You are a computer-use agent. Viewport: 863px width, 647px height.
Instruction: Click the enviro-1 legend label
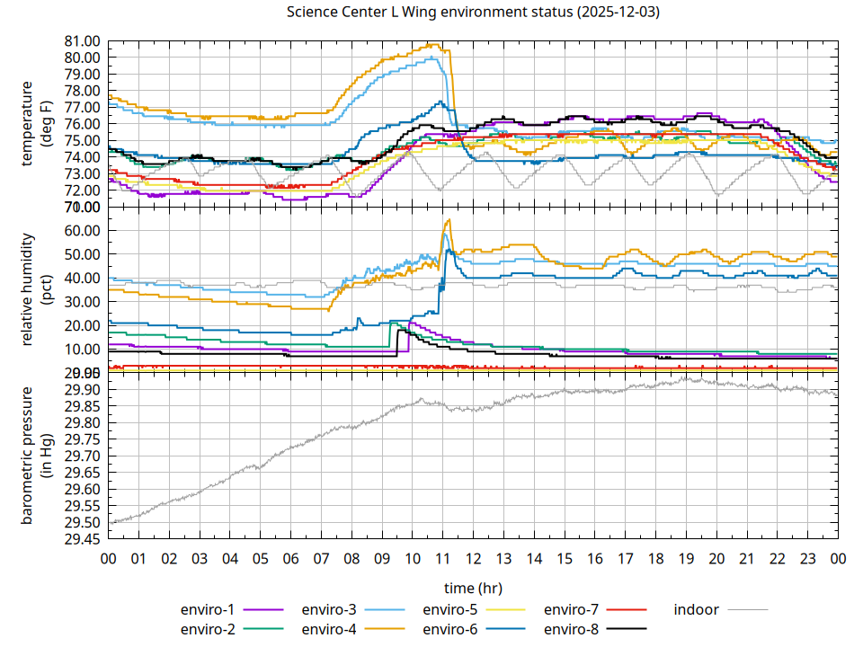207,610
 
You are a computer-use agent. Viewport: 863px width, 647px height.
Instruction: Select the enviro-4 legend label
328,629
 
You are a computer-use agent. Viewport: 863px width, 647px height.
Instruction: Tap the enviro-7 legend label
571,610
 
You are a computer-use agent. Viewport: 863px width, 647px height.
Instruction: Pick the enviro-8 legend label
571,629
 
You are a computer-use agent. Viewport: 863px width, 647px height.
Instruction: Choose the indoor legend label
697,610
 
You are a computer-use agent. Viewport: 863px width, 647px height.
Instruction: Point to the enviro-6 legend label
449,629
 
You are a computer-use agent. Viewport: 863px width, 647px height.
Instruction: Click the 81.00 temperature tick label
82,40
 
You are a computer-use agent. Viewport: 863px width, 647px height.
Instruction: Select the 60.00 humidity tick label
82,230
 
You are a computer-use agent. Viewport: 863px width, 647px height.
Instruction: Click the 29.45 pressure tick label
82,539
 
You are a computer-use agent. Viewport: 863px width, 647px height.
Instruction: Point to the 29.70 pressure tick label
82,456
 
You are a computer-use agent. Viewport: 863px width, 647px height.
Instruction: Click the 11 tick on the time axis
442,559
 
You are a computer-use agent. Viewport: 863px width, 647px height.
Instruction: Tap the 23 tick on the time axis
807,559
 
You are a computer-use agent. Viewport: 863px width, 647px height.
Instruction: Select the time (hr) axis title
473,588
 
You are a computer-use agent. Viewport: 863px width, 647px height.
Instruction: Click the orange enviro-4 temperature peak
435,44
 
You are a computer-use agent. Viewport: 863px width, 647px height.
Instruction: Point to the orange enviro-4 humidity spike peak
448,220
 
